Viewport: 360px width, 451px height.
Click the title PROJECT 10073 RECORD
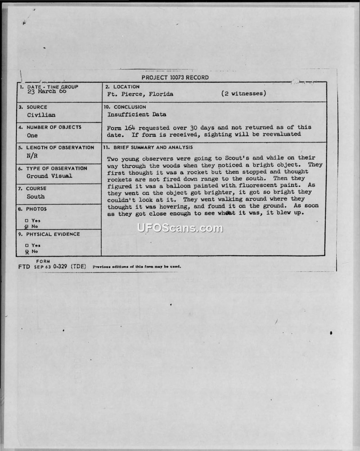pyautogui.click(x=175, y=77)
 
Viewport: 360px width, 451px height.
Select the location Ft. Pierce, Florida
pyautogui.click(x=140, y=94)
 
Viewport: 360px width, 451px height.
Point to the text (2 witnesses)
pyautogui.click(x=243, y=94)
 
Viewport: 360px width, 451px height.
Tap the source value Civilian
pyautogui.click(x=41, y=115)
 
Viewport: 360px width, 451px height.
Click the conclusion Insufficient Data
pyautogui.click(x=136, y=114)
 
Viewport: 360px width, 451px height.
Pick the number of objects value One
pyautogui.click(x=32, y=135)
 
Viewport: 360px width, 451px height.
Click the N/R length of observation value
pyautogui.click(x=32, y=156)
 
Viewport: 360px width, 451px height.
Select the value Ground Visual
pyautogui.click(x=49, y=176)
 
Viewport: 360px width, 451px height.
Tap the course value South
pyautogui.click(x=36, y=196)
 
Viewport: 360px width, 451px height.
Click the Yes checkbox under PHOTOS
pyautogui.click(x=27, y=220)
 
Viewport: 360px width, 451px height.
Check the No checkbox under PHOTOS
pyautogui.click(x=27, y=226)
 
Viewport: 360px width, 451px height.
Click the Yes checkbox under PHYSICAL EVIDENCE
pyautogui.click(x=27, y=245)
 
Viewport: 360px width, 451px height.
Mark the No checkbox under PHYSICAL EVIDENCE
pyautogui.click(x=27, y=252)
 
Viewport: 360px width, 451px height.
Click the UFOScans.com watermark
pyautogui.click(x=180, y=228)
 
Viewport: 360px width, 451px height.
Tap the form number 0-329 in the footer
pyautogui.click(x=60, y=266)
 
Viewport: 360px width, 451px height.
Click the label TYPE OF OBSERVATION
pyautogui.click(x=56, y=168)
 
